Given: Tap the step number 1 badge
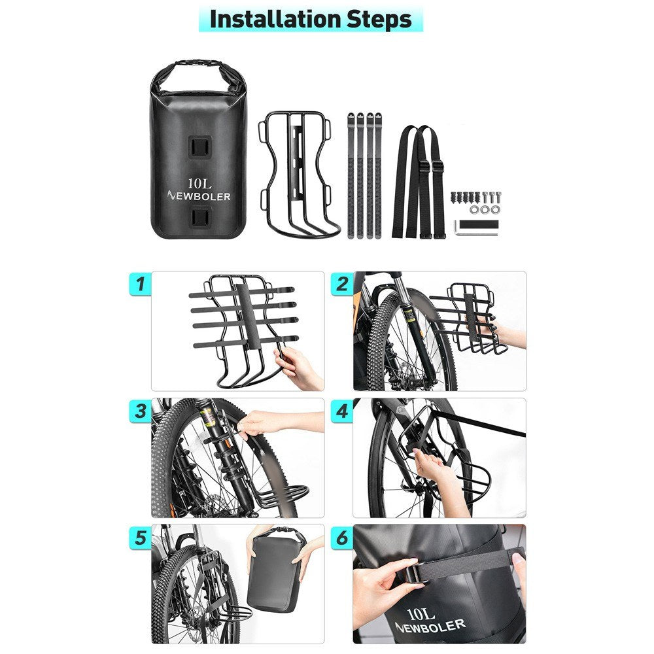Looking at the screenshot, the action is click(x=140, y=284).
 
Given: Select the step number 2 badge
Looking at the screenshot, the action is click(x=342, y=284).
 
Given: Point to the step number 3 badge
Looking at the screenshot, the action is click(x=140, y=411).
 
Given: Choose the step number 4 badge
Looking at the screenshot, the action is click(x=342, y=411).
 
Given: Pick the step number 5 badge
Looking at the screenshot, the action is click(x=140, y=538).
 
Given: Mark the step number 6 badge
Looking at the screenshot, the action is click(x=342, y=538).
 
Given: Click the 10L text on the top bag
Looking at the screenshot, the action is click(x=199, y=183).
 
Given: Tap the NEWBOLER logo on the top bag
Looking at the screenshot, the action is click(x=199, y=196).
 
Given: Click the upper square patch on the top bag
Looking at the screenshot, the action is click(x=199, y=146).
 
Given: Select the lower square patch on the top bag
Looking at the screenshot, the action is click(x=199, y=218).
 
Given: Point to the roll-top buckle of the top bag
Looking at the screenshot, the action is click(x=199, y=63).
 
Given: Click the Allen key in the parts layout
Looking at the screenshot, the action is click(x=477, y=228).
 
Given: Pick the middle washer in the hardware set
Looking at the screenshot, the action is click(x=484, y=209).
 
